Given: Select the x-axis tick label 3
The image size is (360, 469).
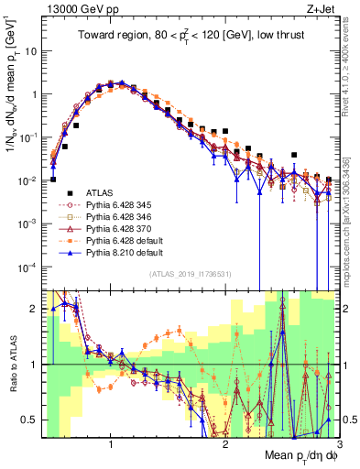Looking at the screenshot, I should click(x=339, y=443).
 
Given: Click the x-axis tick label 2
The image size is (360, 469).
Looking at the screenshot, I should click(x=225, y=443).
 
